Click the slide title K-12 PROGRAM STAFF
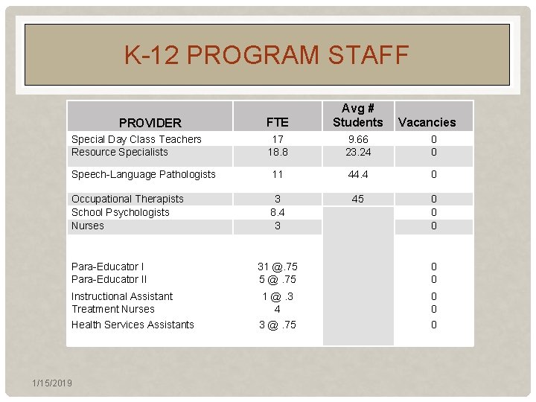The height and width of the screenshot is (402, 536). pyautogui.click(x=267, y=55)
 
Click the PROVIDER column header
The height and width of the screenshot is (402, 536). pyautogui.click(x=150, y=122)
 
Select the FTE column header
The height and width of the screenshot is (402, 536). pyautogui.click(x=277, y=122)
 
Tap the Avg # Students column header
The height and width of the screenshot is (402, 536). pyautogui.click(x=357, y=115)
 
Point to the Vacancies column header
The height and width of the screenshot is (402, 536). pyautogui.click(x=427, y=122)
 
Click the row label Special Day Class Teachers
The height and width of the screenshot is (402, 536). pyautogui.click(x=136, y=139)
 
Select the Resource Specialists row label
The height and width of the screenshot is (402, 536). pyautogui.click(x=120, y=152)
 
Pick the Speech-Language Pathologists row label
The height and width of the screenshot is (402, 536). pyautogui.click(x=144, y=174)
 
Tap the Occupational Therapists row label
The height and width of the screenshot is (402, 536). pyautogui.click(x=127, y=199)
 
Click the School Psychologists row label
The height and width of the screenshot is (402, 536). pyautogui.click(x=121, y=212)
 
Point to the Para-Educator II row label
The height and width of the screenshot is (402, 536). pyautogui.click(x=109, y=279)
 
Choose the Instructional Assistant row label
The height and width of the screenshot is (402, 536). pyautogui.click(x=122, y=296)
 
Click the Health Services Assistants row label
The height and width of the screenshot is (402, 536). pyautogui.click(x=133, y=325)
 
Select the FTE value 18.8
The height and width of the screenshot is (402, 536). pyautogui.click(x=277, y=152)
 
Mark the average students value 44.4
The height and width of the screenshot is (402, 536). pyautogui.click(x=357, y=174)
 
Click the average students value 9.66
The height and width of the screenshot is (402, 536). pyautogui.click(x=357, y=139)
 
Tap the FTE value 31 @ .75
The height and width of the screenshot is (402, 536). pyautogui.click(x=277, y=267)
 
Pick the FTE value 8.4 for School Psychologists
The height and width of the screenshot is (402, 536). pyautogui.click(x=277, y=212)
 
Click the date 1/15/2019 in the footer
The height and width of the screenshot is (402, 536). pyautogui.click(x=52, y=383)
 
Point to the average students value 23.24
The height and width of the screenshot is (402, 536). pyautogui.click(x=357, y=152)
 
